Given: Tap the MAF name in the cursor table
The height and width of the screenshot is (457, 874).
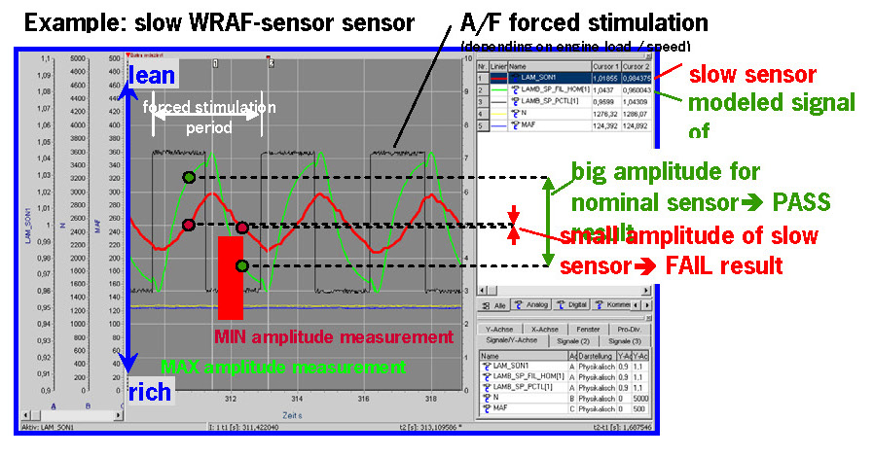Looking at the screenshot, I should (x=528, y=124).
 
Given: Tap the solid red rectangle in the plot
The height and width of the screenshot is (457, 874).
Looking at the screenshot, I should (x=231, y=277).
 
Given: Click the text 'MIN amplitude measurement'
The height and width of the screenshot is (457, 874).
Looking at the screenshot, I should (x=334, y=336).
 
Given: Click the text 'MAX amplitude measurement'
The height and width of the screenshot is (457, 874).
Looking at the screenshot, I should (x=282, y=367).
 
